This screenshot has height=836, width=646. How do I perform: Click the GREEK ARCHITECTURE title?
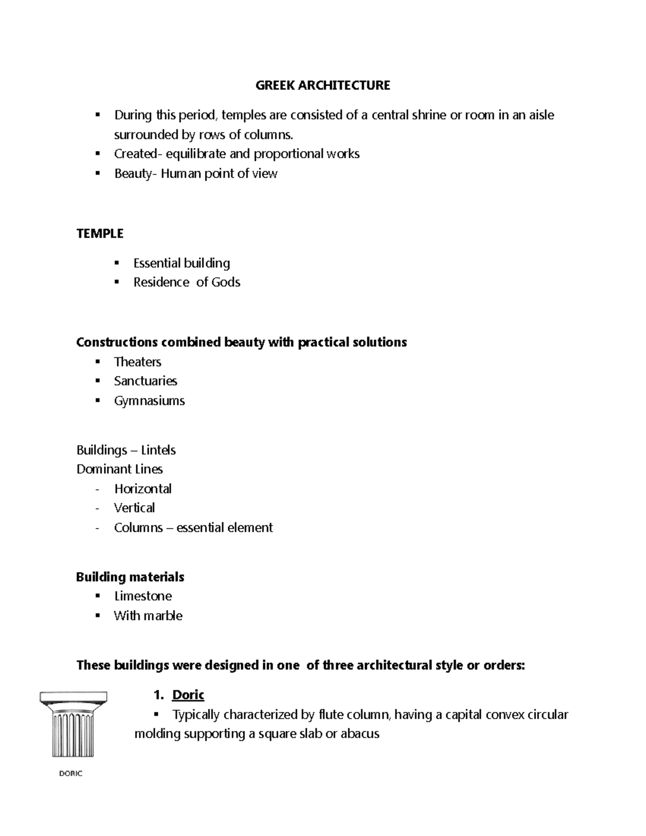(x=322, y=86)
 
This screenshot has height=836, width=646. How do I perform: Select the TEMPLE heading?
(x=100, y=234)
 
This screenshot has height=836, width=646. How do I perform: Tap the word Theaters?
(x=137, y=362)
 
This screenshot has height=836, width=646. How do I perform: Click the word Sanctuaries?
(x=145, y=381)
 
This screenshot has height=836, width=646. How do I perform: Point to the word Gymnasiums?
(x=149, y=401)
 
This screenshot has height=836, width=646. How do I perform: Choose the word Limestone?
(x=143, y=596)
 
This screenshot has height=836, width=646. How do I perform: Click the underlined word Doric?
(x=188, y=695)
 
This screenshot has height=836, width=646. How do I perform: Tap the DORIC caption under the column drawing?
(x=70, y=774)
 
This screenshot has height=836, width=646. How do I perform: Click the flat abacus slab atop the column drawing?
(x=73, y=697)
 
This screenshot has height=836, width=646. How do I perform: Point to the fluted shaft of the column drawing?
(x=73, y=735)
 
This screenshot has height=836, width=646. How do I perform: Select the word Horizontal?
(x=143, y=489)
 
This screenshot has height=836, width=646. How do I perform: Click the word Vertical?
(x=134, y=508)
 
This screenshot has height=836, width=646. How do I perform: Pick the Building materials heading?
(x=130, y=577)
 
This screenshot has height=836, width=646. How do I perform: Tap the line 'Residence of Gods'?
(x=186, y=283)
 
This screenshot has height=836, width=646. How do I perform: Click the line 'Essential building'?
(x=181, y=263)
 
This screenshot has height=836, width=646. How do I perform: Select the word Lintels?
(x=158, y=450)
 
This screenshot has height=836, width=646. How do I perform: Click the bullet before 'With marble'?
(x=97, y=615)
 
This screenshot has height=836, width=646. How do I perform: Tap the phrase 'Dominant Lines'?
(x=120, y=469)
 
